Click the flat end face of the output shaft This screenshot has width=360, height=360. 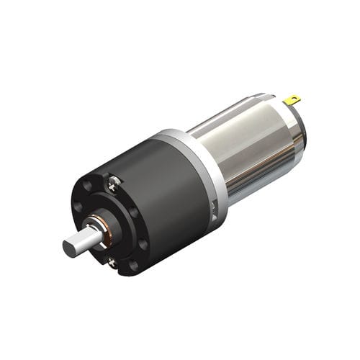pyautogui.click(x=69, y=247)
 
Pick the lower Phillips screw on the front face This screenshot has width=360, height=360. pyautogui.click(x=112, y=263)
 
